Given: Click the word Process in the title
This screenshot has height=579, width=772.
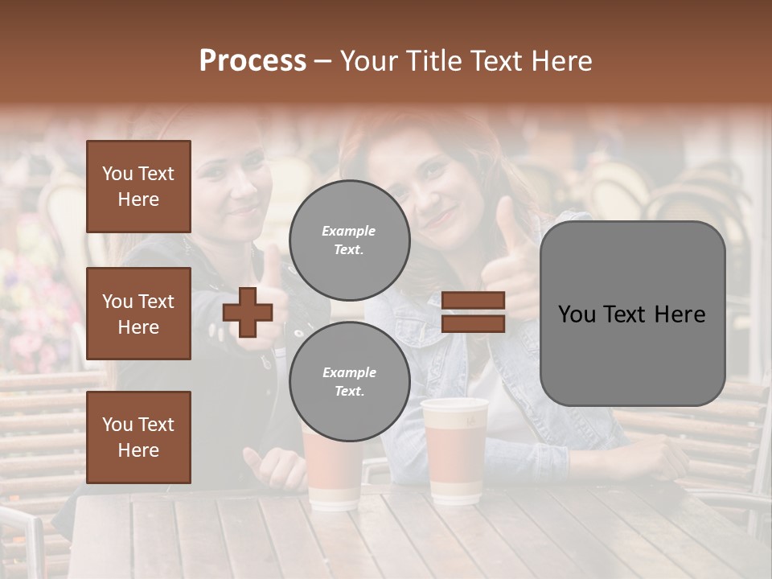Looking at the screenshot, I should (x=253, y=61).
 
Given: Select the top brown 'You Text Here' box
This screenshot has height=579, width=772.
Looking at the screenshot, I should (x=138, y=187).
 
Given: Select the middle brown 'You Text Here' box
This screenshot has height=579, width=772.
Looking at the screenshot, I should (x=138, y=314).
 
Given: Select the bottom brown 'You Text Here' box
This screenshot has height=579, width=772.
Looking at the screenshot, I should (x=138, y=437).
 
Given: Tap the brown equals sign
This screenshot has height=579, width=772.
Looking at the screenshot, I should (x=474, y=313).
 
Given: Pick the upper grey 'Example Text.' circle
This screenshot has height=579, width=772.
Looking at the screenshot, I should (x=349, y=240).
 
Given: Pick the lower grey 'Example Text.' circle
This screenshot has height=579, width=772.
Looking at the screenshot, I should (x=349, y=381).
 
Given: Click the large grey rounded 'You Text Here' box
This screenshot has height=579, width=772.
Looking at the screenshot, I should (x=632, y=314).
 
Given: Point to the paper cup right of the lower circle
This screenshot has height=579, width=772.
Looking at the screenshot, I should (x=454, y=450).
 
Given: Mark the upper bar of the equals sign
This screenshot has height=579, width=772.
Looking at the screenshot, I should (x=474, y=301).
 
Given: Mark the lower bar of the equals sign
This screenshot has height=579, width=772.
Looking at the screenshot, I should (x=474, y=324).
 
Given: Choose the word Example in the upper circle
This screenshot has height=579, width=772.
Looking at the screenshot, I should (x=349, y=231).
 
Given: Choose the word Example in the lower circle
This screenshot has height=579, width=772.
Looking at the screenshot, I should (x=349, y=372).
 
